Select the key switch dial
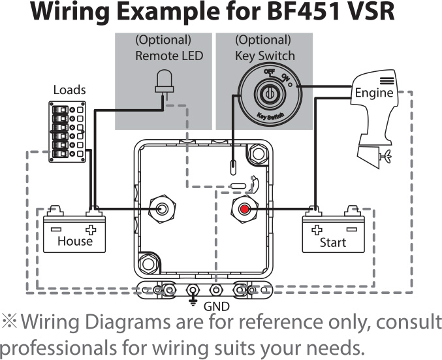266,94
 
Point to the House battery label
75,241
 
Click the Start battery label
332,242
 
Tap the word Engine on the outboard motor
373,93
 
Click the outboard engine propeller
385,156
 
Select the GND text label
217,306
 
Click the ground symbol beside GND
193,302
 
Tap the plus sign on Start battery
317,230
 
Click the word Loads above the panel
69,90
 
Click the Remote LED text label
169,56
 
